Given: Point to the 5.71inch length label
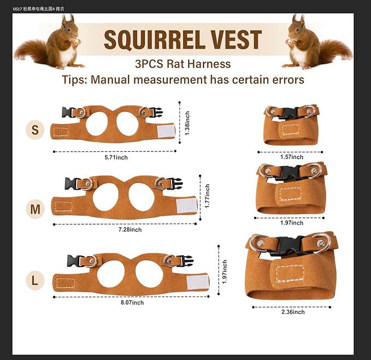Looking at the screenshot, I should (x=116, y=157).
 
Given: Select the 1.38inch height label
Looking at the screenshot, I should (x=187, y=123).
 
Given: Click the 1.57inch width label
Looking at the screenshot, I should (x=291, y=157).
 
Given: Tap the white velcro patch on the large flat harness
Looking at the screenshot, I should (x=197, y=282).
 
